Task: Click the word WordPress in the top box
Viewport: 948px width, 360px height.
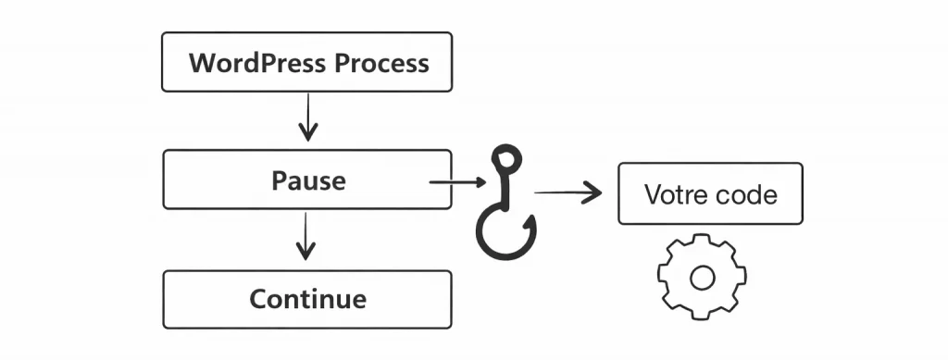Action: point(257,63)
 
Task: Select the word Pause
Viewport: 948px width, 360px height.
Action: point(307,180)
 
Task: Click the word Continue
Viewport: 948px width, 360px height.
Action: point(307,300)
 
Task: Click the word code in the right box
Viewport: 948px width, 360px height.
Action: point(748,195)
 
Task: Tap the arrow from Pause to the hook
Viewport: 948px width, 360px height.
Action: point(454,183)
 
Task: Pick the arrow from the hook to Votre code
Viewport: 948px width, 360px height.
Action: point(568,192)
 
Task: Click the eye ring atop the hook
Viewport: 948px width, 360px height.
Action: point(505,159)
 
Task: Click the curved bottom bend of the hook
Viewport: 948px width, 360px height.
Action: point(505,251)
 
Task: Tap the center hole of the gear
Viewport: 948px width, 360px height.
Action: point(702,277)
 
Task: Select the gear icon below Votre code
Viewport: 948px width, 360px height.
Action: point(702,277)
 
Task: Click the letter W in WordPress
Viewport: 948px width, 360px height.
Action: point(201,63)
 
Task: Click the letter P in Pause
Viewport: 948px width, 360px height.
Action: point(278,180)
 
